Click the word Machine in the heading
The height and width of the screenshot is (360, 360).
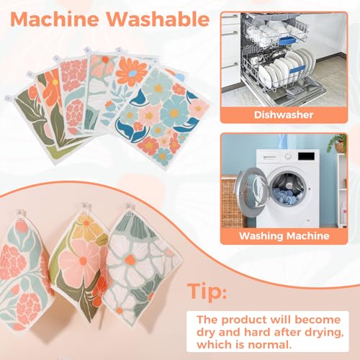pos(55,19)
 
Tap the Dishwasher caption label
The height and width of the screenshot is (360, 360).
pos(284,114)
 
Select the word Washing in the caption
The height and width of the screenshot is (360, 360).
pos(261,236)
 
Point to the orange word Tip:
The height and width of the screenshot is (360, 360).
pos(207,292)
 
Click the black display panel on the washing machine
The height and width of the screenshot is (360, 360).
pos(306,156)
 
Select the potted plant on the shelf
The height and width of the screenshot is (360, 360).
pos(339,143)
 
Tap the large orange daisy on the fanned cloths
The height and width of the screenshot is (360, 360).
pos(131,72)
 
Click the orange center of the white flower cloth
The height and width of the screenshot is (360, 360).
pos(130,259)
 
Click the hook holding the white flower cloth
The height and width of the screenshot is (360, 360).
pos(131,207)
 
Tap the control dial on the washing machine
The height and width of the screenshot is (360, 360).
pos(288,156)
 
